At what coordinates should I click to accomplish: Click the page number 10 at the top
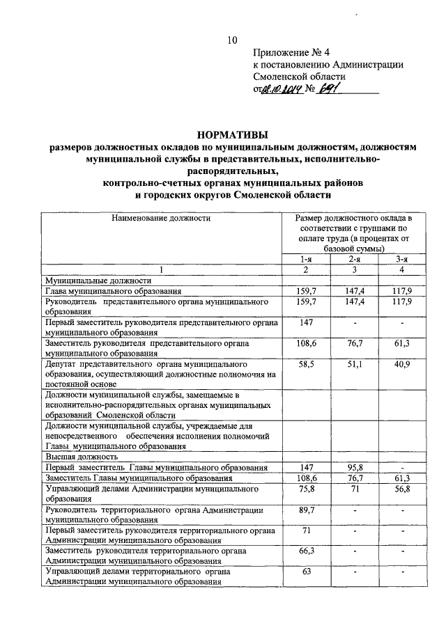pyautogui.click(x=233, y=40)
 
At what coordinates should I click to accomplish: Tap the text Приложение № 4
pyautogui.click(x=290, y=52)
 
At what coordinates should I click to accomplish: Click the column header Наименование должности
pyautogui.click(x=161, y=219)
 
